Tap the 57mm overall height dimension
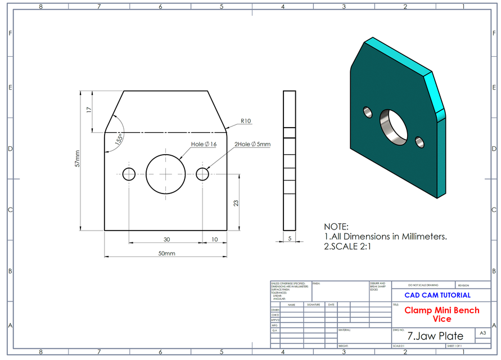pyautogui.click(x=78, y=161)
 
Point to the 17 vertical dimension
pyautogui.click(x=89, y=111)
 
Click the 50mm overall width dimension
pyautogui.click(x=166, y=253)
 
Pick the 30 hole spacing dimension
pyautogui.click(x=166, y=239)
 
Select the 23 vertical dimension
pyautogui.click(x=236, y=202)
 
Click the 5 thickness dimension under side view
pyautogui.click(x=289, y=238)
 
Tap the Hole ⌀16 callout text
pyautogui.click(x=204, y=145)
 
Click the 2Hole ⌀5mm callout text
pyautogui.click(x=252, y=145)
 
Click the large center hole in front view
pyautogui.click(x=166, y=174)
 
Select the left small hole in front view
pyautogui.click(x=129, y=174)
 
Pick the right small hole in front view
pyautogui.click(x=203, y=174)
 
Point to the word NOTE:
pyautogui.click(x=336, y=226)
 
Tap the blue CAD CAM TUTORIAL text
pyautogui.click(x=437, y=295)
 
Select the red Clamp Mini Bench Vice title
pyautogui.click(x=442, y=314)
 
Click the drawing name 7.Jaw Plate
pyautogui.click(x=436, y=336)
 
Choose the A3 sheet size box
pyautogui.click(x=482, y=334)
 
